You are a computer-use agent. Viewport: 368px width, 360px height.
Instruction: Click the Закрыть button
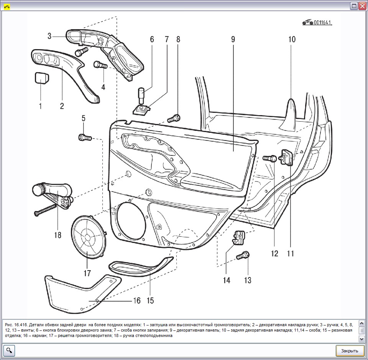349,351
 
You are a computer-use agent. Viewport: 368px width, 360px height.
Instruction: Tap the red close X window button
362,6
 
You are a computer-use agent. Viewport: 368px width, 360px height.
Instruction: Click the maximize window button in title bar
354,6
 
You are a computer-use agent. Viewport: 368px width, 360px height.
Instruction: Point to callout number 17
87,273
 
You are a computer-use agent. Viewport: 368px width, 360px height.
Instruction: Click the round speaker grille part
88,238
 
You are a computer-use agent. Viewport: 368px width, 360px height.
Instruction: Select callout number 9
233,39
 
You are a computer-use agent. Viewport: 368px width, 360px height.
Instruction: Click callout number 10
292,39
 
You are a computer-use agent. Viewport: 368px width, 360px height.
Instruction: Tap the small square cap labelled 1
41,78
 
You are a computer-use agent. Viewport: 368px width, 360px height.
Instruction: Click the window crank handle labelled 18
54,192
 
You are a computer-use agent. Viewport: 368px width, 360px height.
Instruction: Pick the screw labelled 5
84,137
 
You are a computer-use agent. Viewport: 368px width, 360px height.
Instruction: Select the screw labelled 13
243,255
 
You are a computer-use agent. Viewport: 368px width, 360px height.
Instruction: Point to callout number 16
137,301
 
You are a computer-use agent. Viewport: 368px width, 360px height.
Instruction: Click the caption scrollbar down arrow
361,339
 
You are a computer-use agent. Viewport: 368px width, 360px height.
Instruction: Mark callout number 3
49,36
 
